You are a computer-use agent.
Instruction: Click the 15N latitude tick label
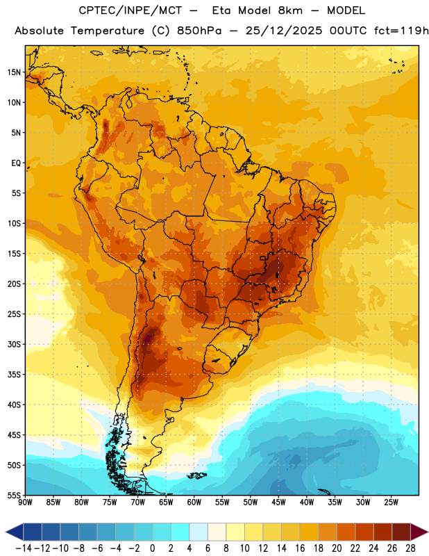[x=14, y=72]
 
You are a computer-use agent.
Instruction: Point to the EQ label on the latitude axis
[x=16, y=163]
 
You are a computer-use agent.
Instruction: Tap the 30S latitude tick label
[x=14, y=344]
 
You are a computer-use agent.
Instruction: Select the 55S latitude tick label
[x=14, y=495]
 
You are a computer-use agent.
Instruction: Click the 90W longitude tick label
[x=26, y=502]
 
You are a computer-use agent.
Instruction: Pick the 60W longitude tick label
[x=194, y=502]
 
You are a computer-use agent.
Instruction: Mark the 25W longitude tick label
[x=391, y=502]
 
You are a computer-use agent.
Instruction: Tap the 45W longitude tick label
[x=278, y=502]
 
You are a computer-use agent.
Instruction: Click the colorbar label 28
[x=410, y=548]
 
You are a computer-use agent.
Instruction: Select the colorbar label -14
[x=24, y=548]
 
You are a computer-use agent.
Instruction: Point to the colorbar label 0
[x=153, y=548]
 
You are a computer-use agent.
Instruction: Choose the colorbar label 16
[x=300, y=548]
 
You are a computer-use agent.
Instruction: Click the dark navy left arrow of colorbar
[x=15, y=532]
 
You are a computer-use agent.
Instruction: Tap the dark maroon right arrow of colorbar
[x=420, y=532]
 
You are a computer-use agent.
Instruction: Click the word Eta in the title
[x=221, y=10]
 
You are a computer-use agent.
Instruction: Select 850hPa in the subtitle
[x=199, y=31]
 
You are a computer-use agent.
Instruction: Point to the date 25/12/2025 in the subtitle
[x=284, y=31]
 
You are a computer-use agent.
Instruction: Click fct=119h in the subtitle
[x=401, y=31]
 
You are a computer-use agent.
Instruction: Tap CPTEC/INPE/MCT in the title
[x=131, y=10]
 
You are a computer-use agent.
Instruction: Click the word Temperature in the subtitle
[x=108, y=31]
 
